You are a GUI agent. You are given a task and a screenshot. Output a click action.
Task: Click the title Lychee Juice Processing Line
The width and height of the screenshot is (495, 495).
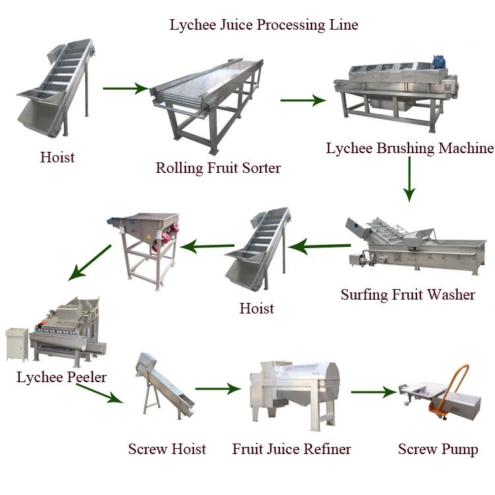(264, 25)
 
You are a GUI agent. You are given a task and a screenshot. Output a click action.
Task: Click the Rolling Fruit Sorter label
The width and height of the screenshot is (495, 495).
(218, 168)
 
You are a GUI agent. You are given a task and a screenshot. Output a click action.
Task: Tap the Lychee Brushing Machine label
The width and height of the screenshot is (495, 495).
(409, 148)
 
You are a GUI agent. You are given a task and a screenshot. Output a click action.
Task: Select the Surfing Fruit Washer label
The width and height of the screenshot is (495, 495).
(408, 294)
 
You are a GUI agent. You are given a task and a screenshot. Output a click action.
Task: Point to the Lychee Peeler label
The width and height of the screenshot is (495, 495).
(61, 378)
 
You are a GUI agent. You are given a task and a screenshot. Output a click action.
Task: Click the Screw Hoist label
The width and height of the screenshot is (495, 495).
(167, 449)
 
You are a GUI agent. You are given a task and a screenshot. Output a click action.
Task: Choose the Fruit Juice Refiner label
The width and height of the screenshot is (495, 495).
(292, 449)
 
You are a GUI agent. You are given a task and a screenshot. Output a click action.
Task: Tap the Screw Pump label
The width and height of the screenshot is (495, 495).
(438, 449)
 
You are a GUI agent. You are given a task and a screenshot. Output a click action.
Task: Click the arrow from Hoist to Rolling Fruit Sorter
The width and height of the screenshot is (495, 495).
(125, 88)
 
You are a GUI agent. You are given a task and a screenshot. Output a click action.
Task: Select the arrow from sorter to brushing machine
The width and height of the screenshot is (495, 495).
(303, 100)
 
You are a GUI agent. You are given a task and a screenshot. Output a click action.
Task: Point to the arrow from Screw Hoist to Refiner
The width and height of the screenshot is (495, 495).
(218, 389)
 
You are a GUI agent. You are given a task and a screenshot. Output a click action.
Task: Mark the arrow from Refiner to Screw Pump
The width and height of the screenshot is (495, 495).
(374, 392)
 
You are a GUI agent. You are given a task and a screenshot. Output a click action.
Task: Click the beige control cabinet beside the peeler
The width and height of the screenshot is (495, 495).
(18, 345)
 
